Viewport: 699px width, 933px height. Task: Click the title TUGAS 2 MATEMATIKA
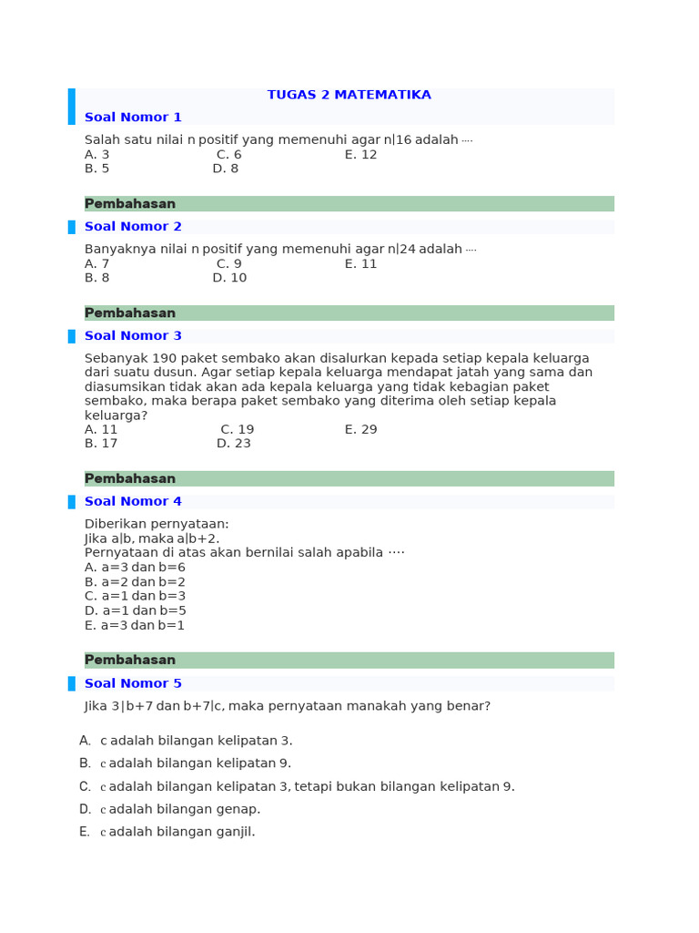point(349,95)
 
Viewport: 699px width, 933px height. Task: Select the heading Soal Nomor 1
point(133,118)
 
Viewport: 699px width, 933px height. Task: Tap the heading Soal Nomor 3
point(133,336)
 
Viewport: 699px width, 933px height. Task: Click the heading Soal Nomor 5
point(133,683)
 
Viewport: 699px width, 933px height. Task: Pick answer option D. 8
point(226,169)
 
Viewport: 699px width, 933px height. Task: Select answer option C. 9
point(229,264)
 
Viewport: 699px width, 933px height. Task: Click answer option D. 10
point(229,278)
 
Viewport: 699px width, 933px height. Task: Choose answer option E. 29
point(360,430)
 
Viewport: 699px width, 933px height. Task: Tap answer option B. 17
point(101,444)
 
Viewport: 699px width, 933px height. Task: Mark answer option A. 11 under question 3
point(101,430)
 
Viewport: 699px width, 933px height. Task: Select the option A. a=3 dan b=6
point(135,568)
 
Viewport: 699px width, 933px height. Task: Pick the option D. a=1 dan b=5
point(135,610)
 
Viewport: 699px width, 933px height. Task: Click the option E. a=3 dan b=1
point(135,626)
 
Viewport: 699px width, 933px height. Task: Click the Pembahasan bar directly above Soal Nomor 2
point(349,204)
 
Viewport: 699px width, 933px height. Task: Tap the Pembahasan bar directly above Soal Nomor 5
point(349,661)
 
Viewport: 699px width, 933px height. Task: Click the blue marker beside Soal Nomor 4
point(72,502)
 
